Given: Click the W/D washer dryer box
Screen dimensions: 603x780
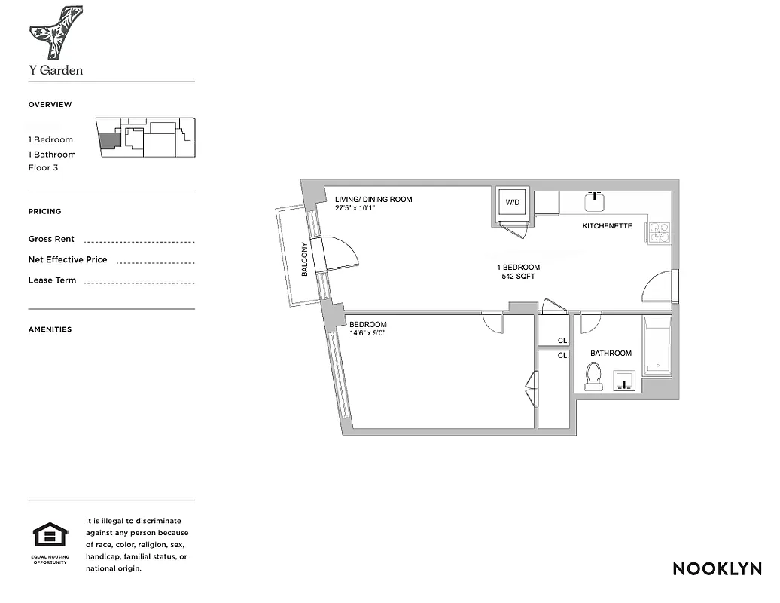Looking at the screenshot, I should click(513, 203).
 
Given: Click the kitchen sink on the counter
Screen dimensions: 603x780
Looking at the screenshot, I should click(595, 201).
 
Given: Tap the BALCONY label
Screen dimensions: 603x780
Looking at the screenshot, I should click(305, 259).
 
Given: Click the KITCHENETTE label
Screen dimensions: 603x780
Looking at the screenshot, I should click(607, 226).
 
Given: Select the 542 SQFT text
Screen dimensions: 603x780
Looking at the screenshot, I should click(518, 277).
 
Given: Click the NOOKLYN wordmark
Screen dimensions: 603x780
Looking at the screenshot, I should click(717, 568).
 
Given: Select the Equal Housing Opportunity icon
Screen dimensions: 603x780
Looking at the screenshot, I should click(50, 538).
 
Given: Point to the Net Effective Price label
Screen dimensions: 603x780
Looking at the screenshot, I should click(68, 259).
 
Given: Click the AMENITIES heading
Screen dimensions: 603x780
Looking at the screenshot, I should click(50, 329).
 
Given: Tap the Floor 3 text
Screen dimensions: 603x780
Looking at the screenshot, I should click(43, 167).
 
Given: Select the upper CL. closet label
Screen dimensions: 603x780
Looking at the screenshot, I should click(562, 341).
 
